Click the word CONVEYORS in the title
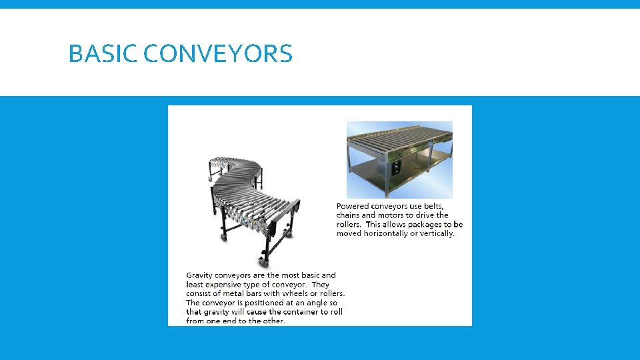point(217,53)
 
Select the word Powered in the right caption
point(353,207)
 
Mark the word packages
point(425,225)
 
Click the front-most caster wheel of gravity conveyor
point(265,263)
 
